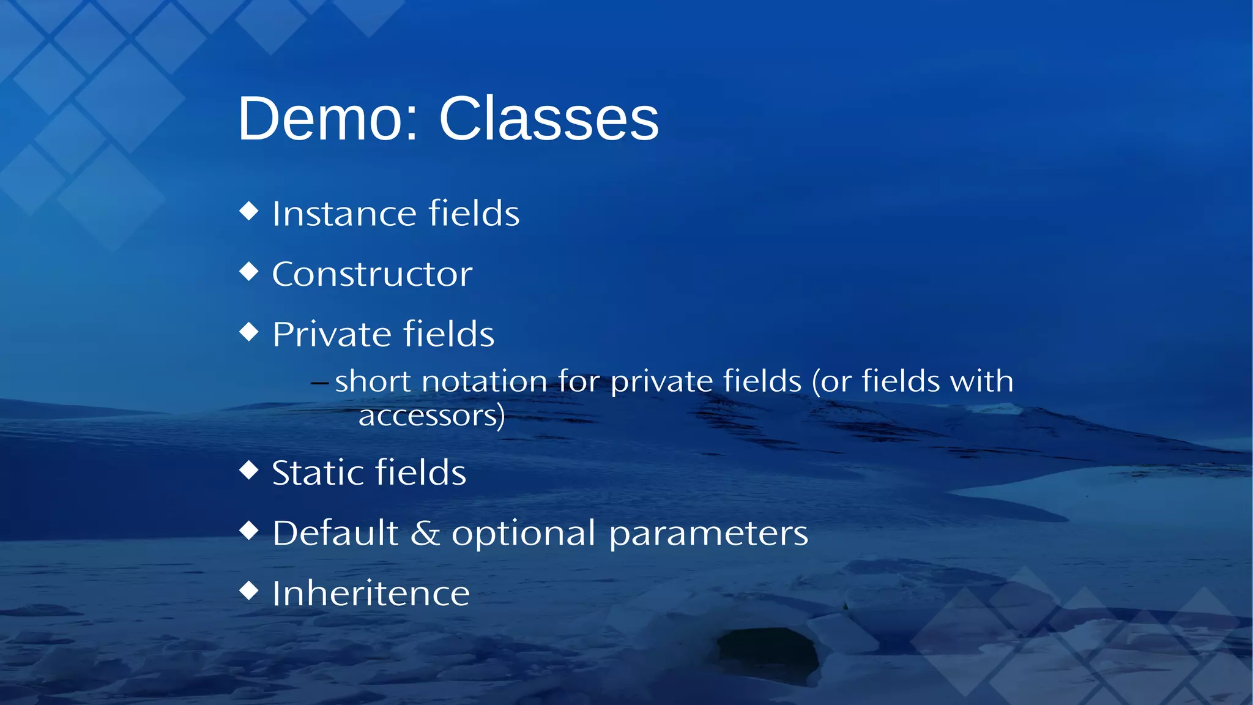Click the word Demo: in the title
coord(328,119)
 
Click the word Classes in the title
coord(549,119)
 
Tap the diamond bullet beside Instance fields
coord(249,211)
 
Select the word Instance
coord(343,214)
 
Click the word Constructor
coord(372,274)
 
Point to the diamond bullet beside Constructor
coord(249,271)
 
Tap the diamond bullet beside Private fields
coord(249,332)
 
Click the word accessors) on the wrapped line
coord(431,416)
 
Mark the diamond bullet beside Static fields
coord(249,470)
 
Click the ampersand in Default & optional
coord(425,533)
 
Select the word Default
coord(335,533)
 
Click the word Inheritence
coord(371,594)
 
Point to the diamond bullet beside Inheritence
coord(249,591)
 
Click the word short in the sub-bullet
coord(372,382)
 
